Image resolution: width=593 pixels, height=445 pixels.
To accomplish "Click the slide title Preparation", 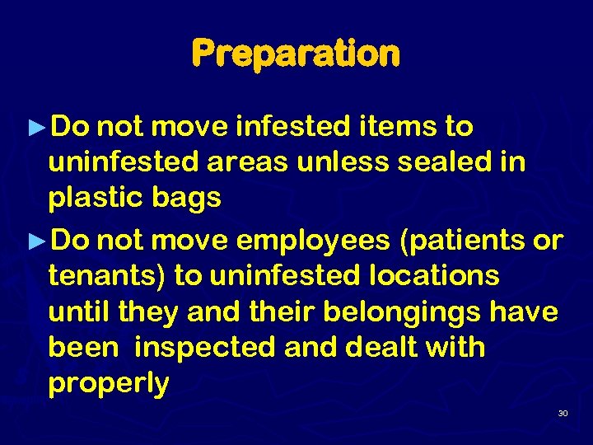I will [x=296, y=54].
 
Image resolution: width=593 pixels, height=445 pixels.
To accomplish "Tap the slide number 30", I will [x=563, y=412].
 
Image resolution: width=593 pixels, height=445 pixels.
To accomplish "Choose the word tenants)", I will [x=107, y=276].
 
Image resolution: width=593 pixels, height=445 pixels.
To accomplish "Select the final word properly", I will [x=109, y=384].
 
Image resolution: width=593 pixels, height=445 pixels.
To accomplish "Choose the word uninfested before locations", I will [x=278, y=276].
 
